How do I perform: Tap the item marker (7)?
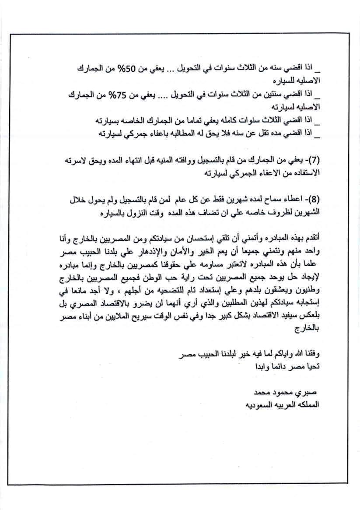tap(314, 160)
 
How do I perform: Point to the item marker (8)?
tap(314, 200)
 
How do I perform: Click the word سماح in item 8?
tap(266, 200)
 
